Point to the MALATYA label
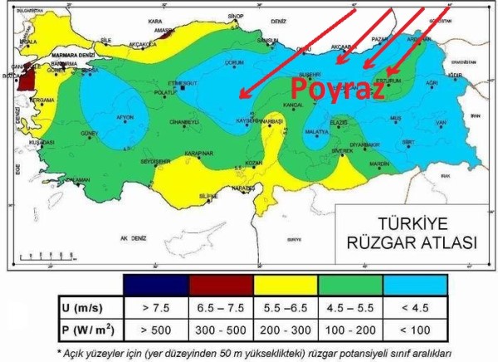point(316,132)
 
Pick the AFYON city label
point(124,116)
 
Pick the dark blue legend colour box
point(154,283)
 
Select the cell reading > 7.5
point(154,307)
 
